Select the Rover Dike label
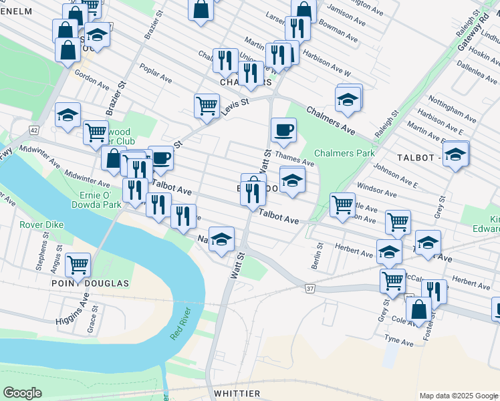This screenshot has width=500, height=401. tap(41, 225)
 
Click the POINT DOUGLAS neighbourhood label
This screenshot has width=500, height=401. tap(90, 283)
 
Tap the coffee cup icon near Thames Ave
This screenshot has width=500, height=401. tap(283, 130)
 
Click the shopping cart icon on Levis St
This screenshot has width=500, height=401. tap(207, 105)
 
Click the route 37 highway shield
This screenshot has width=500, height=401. tap(309, 288)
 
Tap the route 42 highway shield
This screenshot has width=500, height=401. tap(34, 129)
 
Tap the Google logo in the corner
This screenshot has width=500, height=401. tap(22, 393)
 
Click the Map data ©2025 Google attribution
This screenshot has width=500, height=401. tap(458, 396)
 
